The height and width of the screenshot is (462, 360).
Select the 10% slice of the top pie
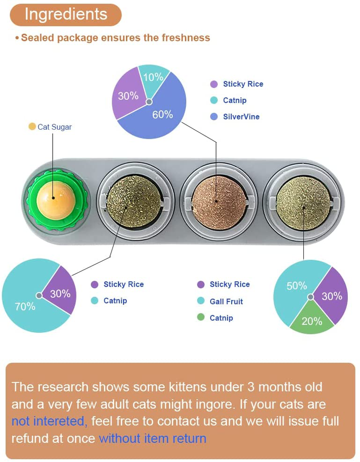pyautogui.click(x=153, y=77)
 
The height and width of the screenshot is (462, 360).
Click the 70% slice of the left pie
pyautogui.click(x=25, y=306)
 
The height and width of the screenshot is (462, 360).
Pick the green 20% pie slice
pyautogui.click(x=312, y=320)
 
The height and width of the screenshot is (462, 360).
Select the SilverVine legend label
pyautogui.click(x=241, y=117)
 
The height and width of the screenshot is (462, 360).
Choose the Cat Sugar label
pyautogui.click(x=54, y=127)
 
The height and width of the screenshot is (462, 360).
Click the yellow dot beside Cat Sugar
pyautogui.click(x=32, y=127)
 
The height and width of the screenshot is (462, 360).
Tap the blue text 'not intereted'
pyautogui.click(x=48, y=421)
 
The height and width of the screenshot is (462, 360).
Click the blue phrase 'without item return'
pyautogui.click(x=152, y=438)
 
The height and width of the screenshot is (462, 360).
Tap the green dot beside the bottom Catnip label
pyautogui.click(x=201, y=317)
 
